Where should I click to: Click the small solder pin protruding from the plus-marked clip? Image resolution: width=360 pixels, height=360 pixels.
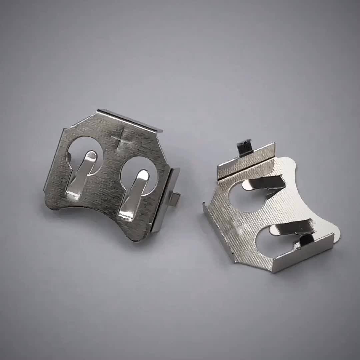[175, 199]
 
